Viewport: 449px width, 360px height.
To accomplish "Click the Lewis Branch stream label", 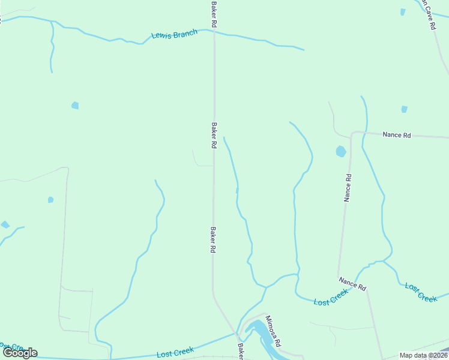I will (x=174, y=35).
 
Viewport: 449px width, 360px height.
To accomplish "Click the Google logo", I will (x=20, y=353).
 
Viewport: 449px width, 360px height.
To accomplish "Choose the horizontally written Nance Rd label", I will (x=396, y=135).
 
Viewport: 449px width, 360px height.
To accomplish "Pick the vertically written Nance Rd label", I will (x=347, y=188).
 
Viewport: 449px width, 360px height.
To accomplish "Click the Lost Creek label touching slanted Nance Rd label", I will (x=331, y=296).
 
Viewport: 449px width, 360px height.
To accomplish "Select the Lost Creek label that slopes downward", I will (x=420, y=292).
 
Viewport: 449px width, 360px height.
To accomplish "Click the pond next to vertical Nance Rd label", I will (x=341, y=151).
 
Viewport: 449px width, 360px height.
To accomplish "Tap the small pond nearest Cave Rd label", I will (x=402, y=11).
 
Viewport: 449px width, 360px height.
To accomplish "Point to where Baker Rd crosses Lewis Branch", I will (x=214, y=31).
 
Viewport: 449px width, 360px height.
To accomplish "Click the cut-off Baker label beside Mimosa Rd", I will (x=240, y=352).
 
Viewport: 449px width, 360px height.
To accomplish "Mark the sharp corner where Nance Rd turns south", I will (x=352, y=133).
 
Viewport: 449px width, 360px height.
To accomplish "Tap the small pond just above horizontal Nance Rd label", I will (x=404, y=109).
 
